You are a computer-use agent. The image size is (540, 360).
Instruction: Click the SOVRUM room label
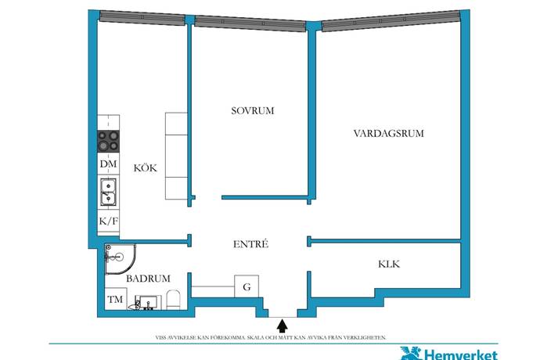click(x=253, y=111)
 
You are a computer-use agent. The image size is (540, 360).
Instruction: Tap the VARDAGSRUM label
click(x=388, y=133)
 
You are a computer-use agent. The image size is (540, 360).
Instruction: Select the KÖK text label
click(x=145, y=167)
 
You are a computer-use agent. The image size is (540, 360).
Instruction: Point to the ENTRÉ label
click(x=250, y=244)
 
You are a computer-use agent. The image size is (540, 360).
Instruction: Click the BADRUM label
click(x=148, y=279)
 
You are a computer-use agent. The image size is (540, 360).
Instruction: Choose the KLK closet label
click(x=389, y=265)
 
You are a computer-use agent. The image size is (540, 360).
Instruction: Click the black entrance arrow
click(x=283, y=326)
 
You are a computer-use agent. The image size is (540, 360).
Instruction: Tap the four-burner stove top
click(x=109, y=141)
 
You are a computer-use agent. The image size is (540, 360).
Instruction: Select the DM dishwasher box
click(x=109, y=164)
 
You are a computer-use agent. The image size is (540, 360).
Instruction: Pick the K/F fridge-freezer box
click(x=109, y=221)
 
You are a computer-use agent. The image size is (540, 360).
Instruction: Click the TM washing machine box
click(x=115, y=299)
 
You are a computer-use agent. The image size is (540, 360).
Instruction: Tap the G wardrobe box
click(x=247, y=286)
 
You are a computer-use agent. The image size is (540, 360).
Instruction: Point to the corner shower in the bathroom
click(x=120, y=259)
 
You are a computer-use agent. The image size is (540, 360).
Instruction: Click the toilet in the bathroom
click(x=174, y=300)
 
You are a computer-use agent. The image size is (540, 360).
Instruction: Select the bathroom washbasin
click(x=148, y=302)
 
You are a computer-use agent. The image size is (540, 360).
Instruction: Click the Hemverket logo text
click(x=460, y=355)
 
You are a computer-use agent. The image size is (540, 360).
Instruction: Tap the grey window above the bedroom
click(x=250, y=23)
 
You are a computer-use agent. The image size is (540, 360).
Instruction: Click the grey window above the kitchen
click(x=142, y=17)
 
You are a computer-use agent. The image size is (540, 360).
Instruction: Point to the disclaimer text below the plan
click(x=271, y=337)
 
